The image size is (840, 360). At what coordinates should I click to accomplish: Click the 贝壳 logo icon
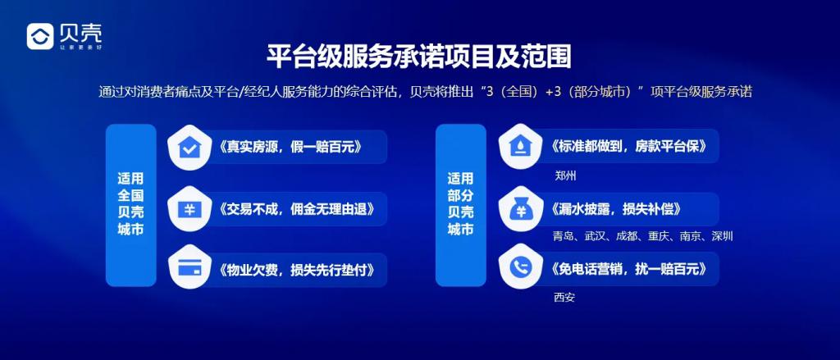coord(40,36)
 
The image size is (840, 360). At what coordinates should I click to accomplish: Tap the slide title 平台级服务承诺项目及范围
coord(419,57)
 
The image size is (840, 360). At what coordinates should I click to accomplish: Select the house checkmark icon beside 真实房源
coord(189,148)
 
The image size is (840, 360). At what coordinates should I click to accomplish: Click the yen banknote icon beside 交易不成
coord(189,208)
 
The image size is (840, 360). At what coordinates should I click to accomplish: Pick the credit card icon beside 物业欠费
coord(189,269)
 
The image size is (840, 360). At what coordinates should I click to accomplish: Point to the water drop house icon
coord(519,147)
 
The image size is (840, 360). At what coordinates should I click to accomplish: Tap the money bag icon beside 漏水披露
coord(519,209)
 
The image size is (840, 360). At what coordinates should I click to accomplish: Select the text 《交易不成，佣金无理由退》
coord(294,208)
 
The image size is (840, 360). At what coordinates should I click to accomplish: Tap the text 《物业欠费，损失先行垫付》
coord(294,270)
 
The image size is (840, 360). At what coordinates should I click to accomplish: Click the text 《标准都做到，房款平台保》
coord(624,146)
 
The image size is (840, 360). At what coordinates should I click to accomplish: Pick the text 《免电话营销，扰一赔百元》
coord(624,268)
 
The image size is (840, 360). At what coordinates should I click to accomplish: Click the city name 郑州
coord(565,175)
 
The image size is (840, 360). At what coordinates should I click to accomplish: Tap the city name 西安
coord(564,298)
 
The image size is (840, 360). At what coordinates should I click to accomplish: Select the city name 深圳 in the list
coord(722,236)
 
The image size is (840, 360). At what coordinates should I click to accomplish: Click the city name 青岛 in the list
coord(564,236)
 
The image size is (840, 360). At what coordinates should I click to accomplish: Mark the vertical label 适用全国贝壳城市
coord(130,204)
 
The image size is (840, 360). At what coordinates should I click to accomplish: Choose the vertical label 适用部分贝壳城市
coord(461,204)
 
